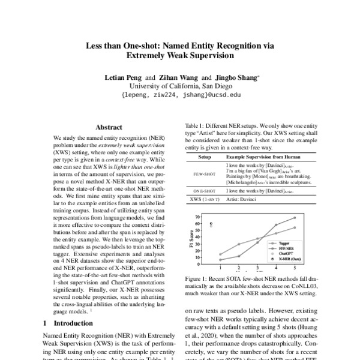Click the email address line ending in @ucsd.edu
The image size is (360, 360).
[x=180, y=95]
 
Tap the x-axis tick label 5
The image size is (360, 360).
[x=294, y=268]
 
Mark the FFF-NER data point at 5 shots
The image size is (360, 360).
[x=294, y=217]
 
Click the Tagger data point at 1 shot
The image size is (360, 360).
[x=220, y=254]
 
